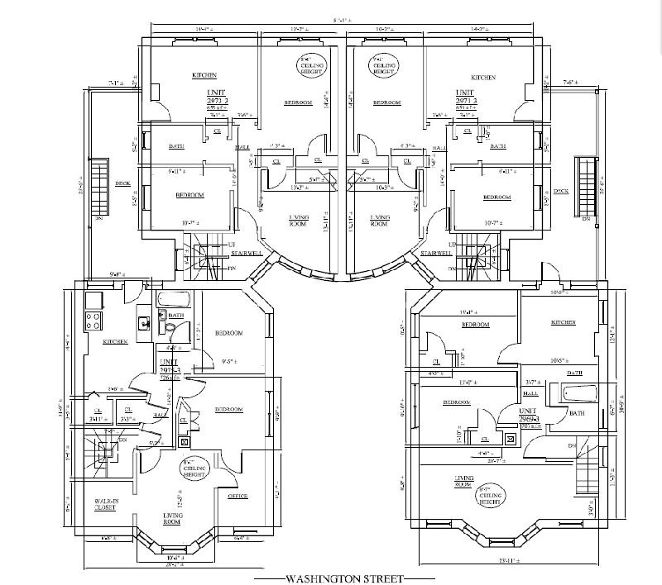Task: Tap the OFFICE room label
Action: [x=237, y=496]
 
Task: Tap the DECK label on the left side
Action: [x=122, y=183]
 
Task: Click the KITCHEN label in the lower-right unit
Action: [x=562, y=322]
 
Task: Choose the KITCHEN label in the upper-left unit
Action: [x=204, y=75]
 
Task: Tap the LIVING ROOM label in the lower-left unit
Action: [x=172, y=518]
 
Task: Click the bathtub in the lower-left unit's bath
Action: [x=174, y=300]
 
